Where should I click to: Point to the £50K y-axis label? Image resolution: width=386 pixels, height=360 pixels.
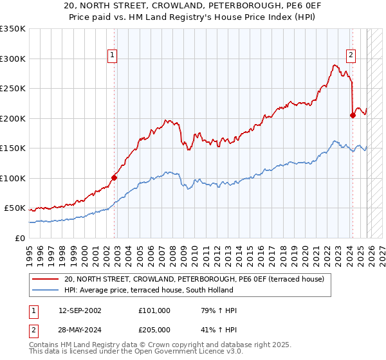15,208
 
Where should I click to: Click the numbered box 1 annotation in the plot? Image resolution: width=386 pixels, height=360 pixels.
113,56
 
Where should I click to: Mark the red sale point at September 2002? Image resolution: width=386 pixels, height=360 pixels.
115,177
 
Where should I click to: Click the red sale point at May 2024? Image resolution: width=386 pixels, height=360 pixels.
353,116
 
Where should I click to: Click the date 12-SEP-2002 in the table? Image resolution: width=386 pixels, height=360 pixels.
79,310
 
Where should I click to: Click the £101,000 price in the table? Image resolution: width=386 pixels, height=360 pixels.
154,310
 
